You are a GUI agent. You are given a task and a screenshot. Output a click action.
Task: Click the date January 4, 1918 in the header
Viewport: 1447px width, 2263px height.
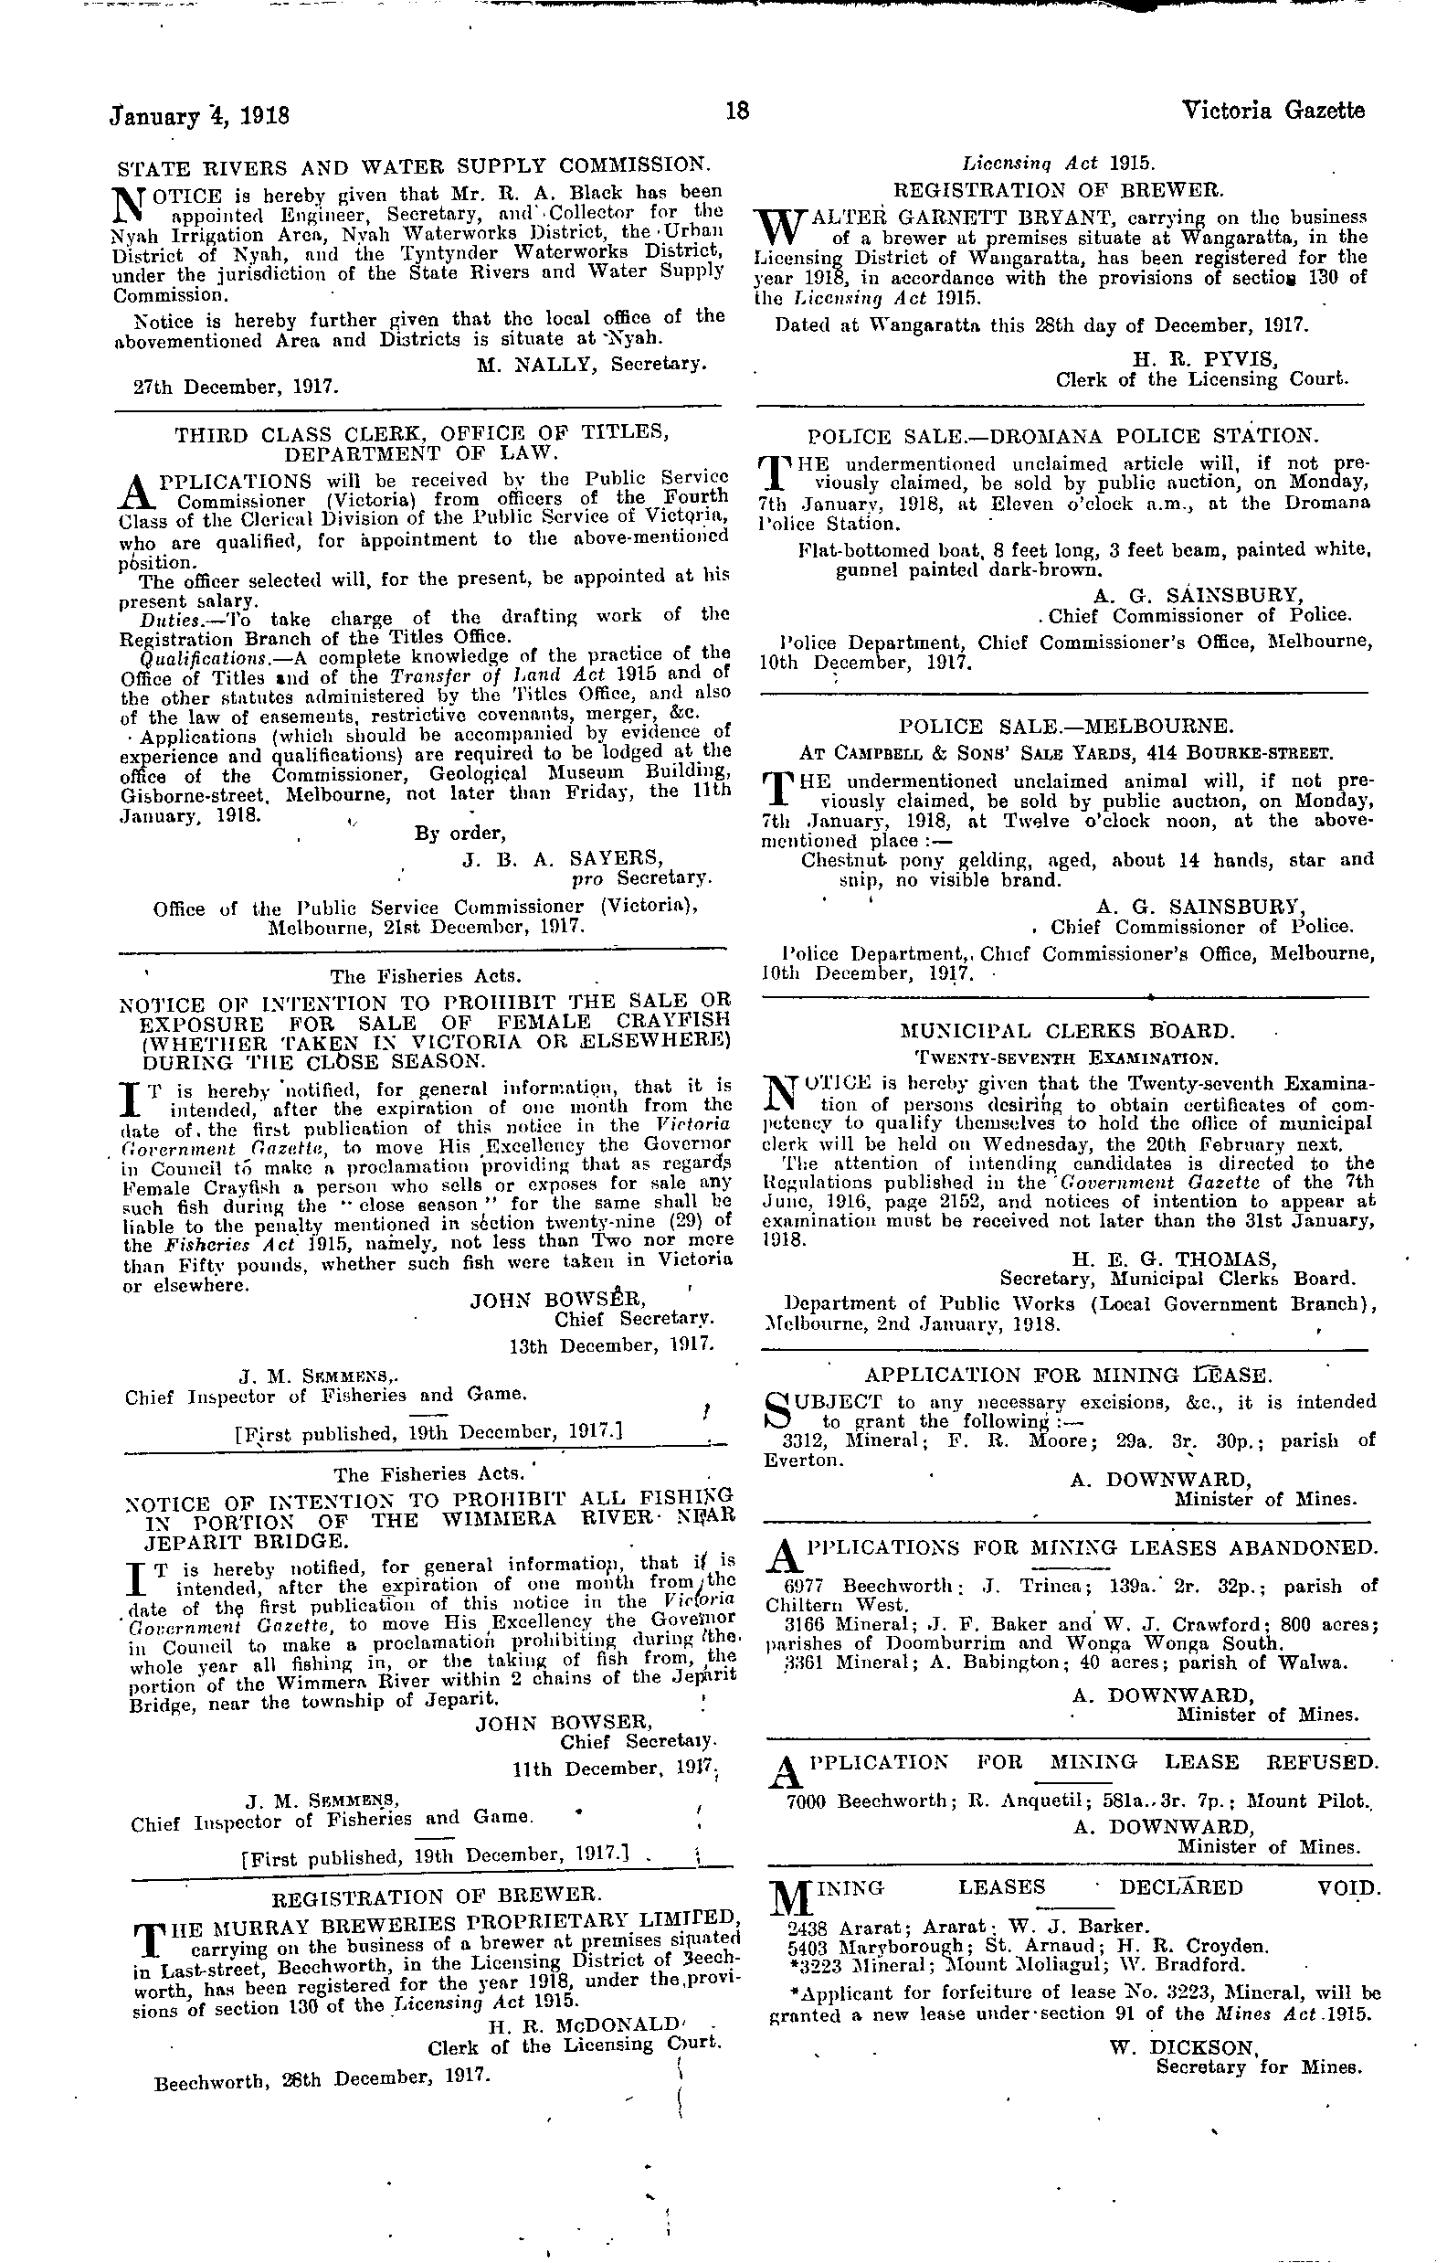click(199, 117)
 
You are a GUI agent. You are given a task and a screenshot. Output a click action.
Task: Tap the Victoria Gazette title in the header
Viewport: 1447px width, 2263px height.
click(1273, 111)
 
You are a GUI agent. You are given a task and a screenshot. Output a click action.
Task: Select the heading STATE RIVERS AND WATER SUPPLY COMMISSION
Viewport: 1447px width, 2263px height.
click(413, 166)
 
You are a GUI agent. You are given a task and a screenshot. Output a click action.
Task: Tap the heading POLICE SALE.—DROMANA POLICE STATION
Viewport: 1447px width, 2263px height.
click(1062, 436)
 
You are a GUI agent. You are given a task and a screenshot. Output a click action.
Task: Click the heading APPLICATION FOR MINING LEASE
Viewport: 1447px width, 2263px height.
click(1068, 1376)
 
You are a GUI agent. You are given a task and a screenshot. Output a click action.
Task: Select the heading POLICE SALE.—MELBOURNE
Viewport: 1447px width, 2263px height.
click(1065, 727)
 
